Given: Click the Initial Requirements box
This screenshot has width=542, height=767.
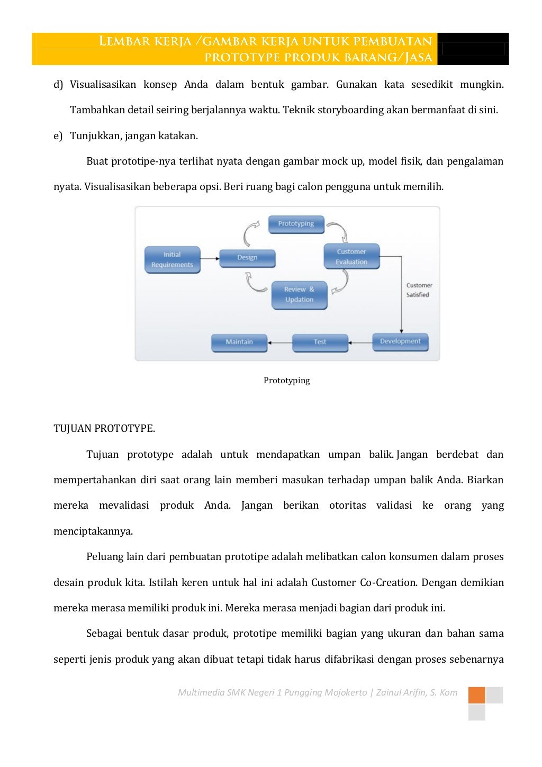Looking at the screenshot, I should (172, 259).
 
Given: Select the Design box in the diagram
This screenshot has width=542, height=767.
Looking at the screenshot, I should (247, 258).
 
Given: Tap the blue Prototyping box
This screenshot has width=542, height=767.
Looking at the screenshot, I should (296, 224).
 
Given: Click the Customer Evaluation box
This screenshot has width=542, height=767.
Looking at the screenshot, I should (351, 257).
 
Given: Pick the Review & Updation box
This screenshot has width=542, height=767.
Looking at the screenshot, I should (299, 295).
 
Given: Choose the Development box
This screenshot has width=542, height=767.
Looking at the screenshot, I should (400, 341).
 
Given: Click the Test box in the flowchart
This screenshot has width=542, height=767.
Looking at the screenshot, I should (320, 342).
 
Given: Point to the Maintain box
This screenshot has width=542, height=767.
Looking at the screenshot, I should (239, 342).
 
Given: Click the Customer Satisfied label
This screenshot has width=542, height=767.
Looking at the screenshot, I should (419, 290).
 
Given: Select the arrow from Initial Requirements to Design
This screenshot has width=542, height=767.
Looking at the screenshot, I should (210, 259).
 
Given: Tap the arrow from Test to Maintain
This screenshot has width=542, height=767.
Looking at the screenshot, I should (280, 342).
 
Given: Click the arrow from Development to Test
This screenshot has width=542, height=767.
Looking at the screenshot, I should (360, 342).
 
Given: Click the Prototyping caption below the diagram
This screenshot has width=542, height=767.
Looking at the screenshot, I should (286, 381).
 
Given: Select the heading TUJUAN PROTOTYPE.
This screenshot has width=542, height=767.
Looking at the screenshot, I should (104, 429).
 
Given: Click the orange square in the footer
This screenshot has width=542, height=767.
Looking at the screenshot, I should (476, 695).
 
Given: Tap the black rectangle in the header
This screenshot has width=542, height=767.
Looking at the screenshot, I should (473, 49).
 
